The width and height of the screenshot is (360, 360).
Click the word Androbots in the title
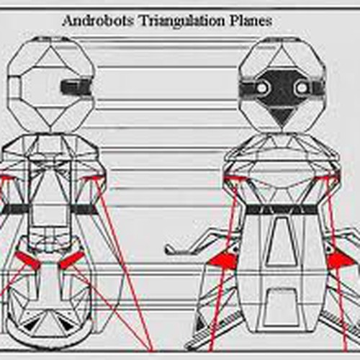[97, 21]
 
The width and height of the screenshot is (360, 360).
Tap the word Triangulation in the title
[181, 22]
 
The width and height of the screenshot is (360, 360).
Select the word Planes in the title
[251, 21]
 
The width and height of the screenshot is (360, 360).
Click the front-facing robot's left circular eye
[263, 89]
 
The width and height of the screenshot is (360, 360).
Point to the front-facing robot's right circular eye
[302, 89]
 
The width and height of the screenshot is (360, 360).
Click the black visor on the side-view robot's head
[76, 86]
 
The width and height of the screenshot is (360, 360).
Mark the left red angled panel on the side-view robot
[27, 260]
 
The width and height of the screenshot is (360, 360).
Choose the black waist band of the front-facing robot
[282, 210]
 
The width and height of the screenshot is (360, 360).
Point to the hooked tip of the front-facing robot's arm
[169, 249]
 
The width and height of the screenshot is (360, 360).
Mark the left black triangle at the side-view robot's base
[30, 325]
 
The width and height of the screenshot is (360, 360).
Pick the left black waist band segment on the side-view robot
[16, 209]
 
